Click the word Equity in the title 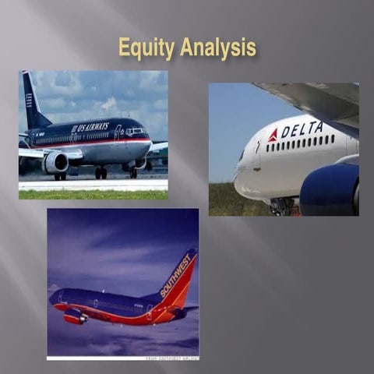146,48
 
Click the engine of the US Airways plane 56,162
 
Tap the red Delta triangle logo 273,136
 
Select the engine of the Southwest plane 76,316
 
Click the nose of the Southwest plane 51,297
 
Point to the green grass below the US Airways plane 93,194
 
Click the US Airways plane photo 93,135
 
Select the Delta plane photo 284,149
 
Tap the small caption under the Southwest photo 171,358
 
